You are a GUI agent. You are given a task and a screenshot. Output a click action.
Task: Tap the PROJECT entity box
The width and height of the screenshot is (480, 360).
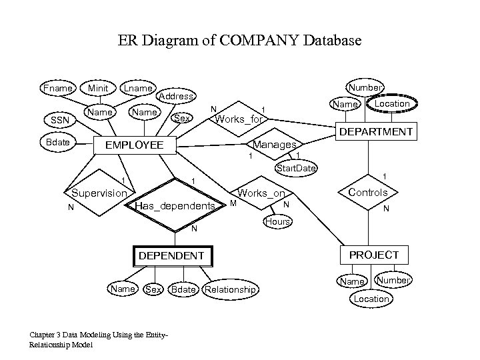[x=374, y=255]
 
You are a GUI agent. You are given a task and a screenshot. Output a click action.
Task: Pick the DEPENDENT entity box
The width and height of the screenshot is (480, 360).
[x=171, y=255]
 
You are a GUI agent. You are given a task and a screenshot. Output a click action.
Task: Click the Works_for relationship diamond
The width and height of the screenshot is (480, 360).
[x=239, y=119]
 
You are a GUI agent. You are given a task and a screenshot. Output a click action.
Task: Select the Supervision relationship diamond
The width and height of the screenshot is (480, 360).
[x=99, y=193]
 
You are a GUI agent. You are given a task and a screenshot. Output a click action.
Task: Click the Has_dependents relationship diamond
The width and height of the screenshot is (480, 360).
[x=175, y=206]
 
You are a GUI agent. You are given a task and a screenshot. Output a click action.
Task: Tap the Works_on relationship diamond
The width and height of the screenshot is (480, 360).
[x=261, y=193]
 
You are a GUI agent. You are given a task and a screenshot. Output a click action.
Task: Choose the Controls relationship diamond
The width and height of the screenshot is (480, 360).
[x=368, y=193]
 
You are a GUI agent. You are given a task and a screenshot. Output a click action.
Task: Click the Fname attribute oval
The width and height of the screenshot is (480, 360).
[x=57, y=88]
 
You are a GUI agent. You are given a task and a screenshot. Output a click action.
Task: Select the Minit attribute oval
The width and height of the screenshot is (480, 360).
[x=99, y=88]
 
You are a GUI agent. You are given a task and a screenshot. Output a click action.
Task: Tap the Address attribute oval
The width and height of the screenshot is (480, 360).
[x=177, y=96]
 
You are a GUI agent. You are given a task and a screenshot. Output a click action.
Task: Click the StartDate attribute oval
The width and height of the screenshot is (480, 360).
[x=296, y=168]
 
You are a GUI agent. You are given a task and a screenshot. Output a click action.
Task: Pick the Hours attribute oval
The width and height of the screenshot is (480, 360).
[x=277, y=221]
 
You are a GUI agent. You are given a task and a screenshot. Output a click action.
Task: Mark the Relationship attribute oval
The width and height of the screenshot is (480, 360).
[x=230, y=289]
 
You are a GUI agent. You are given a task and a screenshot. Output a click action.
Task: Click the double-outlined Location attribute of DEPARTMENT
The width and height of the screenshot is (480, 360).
[x=392, y=104]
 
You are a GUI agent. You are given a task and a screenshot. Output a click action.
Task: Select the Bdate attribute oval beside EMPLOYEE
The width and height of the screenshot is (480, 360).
[x=58, y=142]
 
